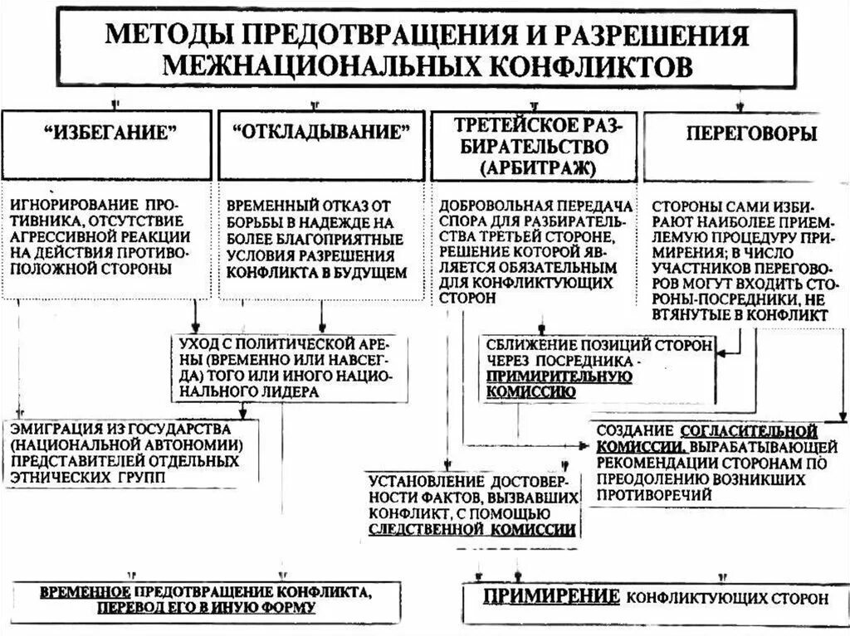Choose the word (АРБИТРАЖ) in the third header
(x=536, y=167)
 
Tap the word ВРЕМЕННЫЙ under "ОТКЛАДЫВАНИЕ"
(x=269, y=205)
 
